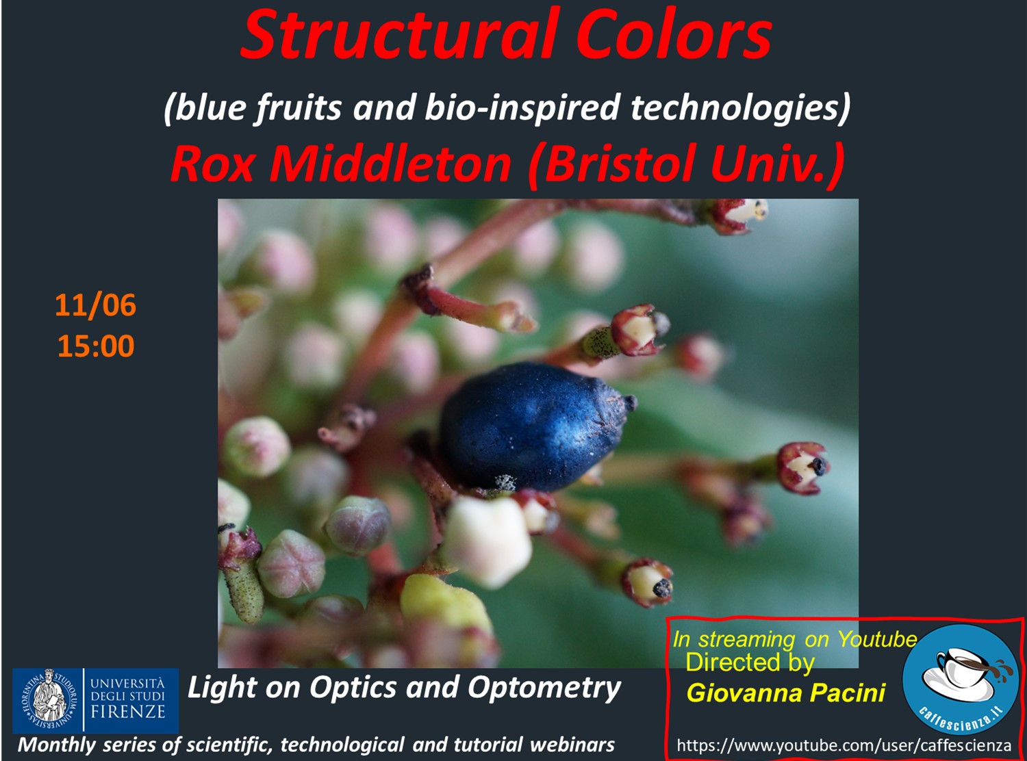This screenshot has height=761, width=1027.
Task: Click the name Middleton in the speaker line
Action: (390, 163)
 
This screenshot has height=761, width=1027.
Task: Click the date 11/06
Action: (95, 305)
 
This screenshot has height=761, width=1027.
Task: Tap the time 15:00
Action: (96, 346)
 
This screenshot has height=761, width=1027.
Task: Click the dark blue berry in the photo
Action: (535, 426)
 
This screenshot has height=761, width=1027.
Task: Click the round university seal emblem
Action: (49, 700)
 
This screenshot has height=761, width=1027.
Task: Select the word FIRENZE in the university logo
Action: (128, 712)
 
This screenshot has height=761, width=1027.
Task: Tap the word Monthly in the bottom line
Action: (57, 745)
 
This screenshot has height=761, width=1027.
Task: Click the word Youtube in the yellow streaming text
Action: (878, 639)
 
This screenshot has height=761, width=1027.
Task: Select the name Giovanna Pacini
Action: (786, 693)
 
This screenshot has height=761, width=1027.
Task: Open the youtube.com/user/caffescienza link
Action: (844, 745)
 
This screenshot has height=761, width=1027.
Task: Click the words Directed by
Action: (750, 662)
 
